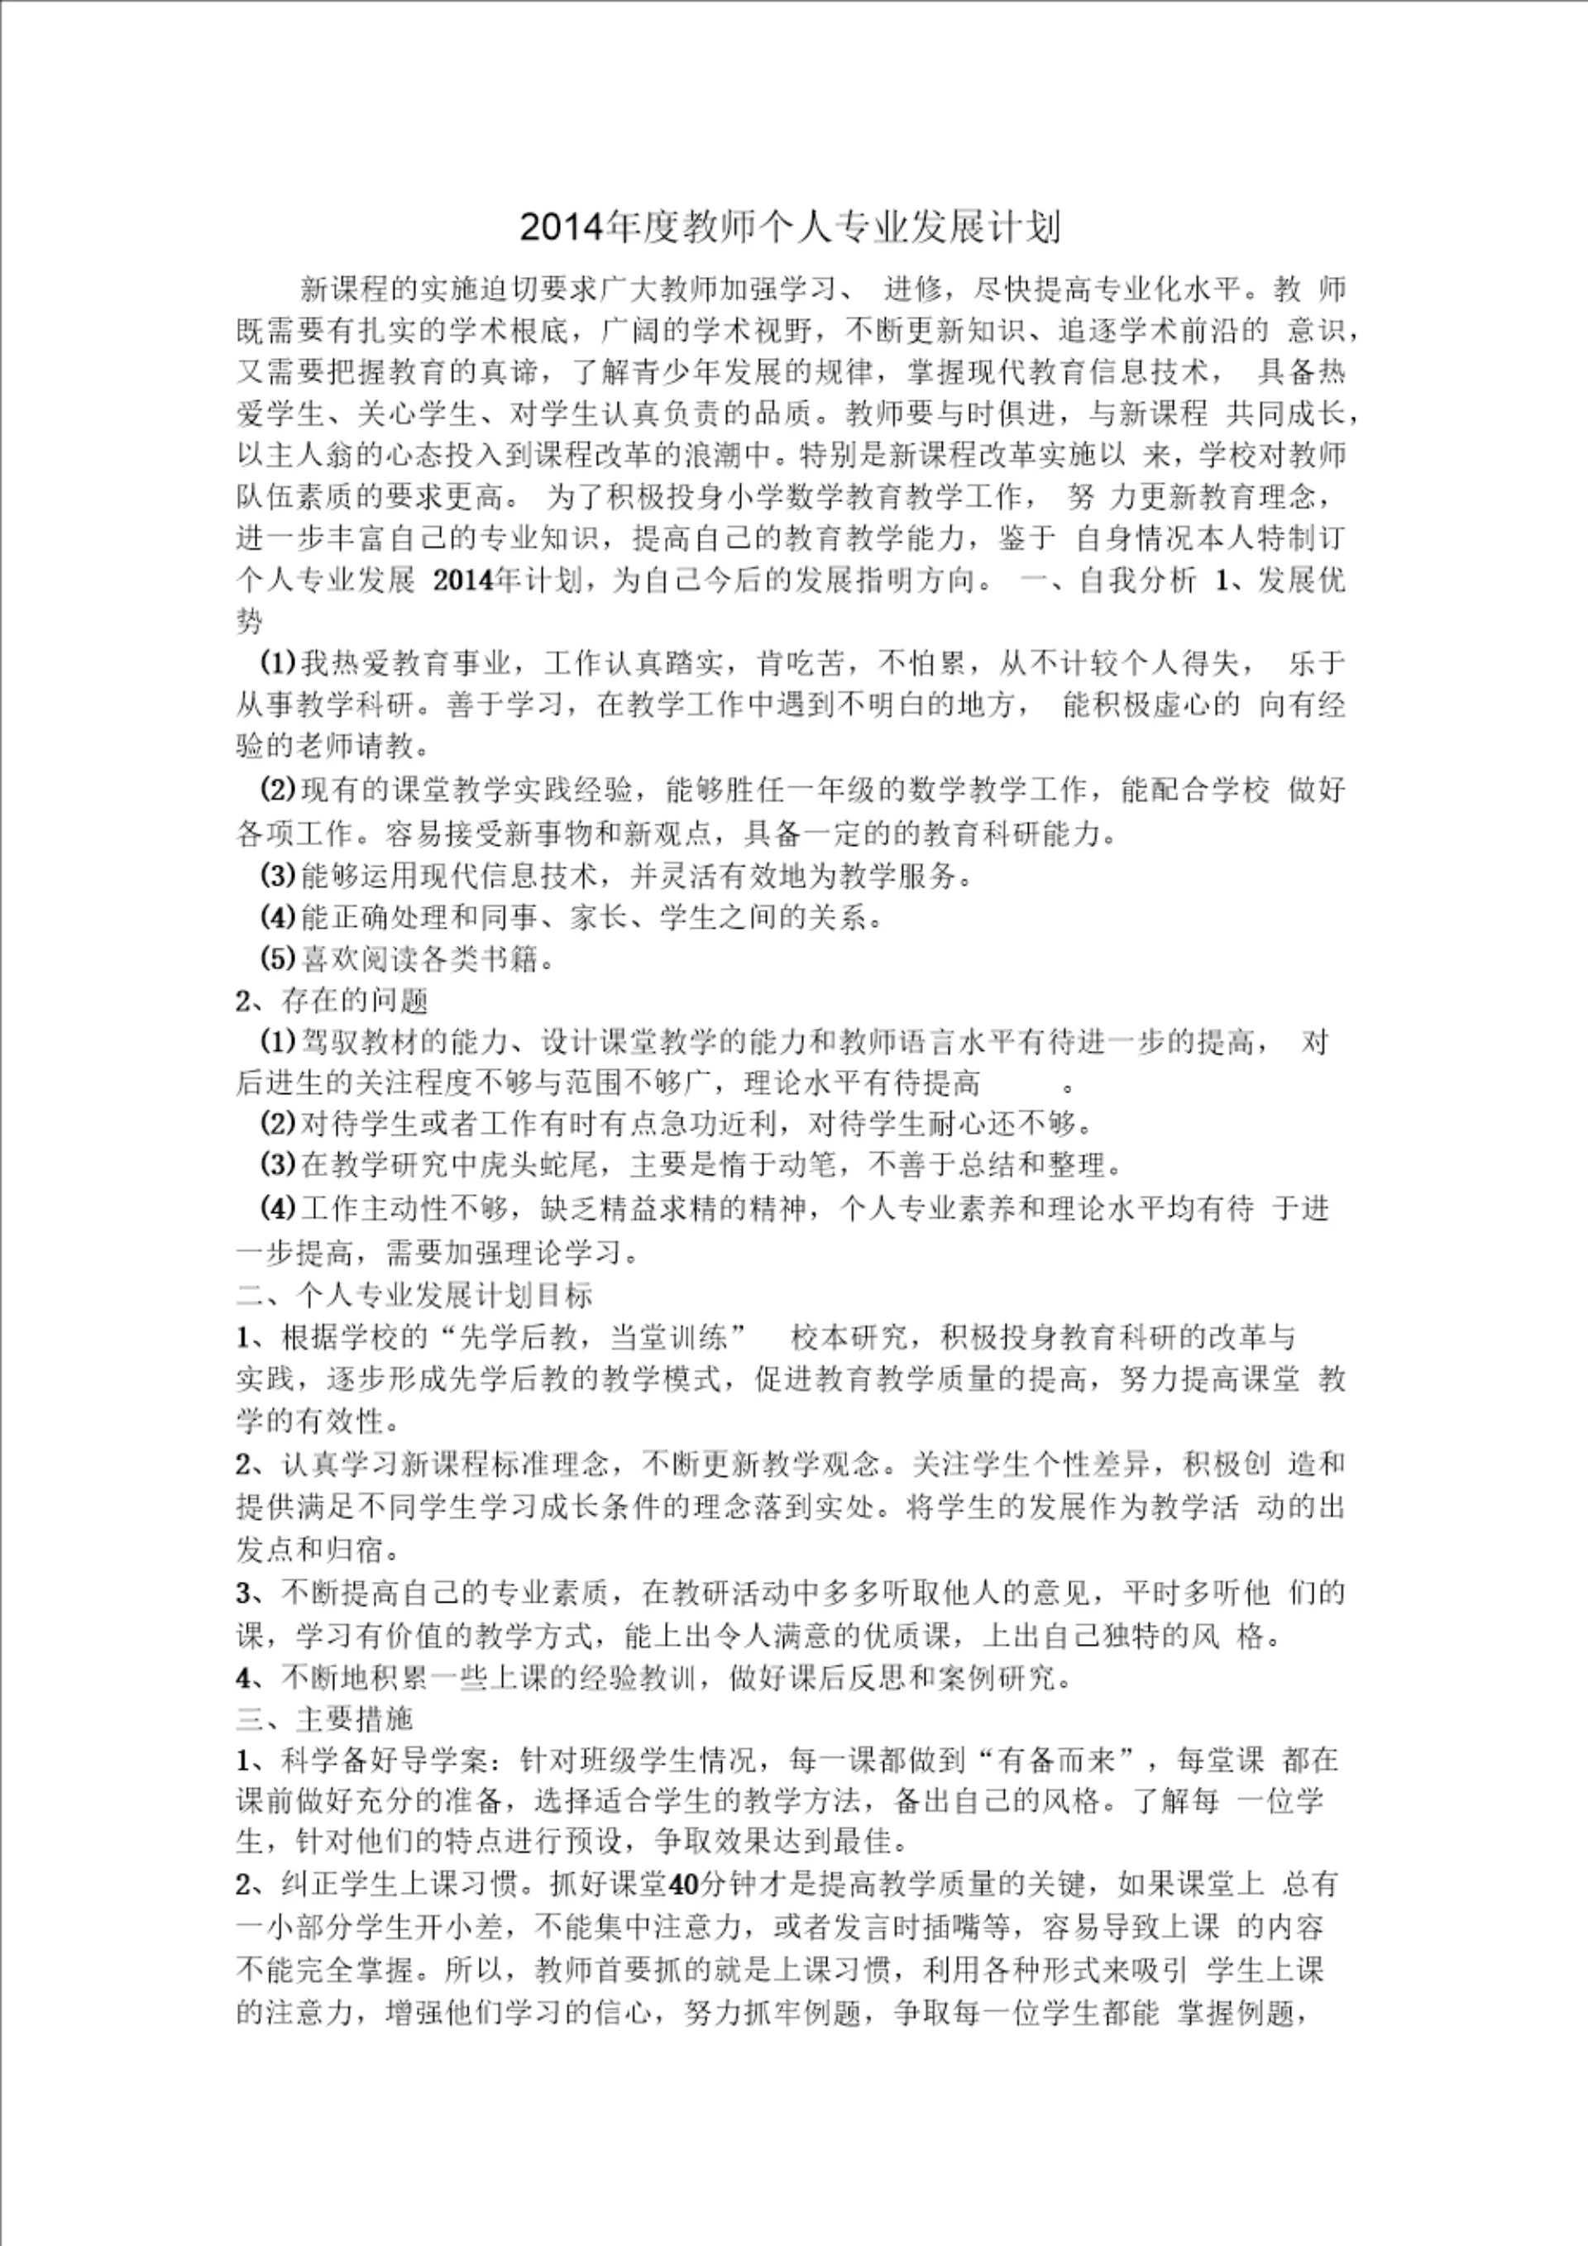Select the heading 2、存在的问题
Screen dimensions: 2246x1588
[x=332, y=1000]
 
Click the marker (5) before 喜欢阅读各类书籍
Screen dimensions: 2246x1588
[x=278, y=958]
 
